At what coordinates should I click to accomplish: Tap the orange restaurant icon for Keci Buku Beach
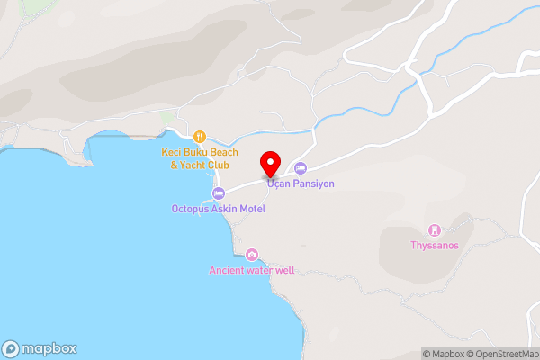click(x=199, y=138)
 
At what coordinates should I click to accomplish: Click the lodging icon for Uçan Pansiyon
click(x=301, y=168)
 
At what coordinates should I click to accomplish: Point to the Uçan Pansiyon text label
click(x=301, y=184)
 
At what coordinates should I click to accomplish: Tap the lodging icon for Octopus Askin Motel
click(x=218, y=194)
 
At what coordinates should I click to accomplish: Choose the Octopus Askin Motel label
click(x=218, y=209)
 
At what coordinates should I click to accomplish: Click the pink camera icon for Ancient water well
click(x=251, y=255)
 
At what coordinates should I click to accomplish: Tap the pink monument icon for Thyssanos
click(x=434, y=229)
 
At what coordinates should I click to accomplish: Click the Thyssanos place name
click(x=434, y=245)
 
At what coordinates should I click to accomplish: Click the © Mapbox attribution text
click(x=446, y=354)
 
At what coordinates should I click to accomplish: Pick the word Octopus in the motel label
click(x=190, y=209)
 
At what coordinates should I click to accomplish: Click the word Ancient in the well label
click(x=227, y=270)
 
